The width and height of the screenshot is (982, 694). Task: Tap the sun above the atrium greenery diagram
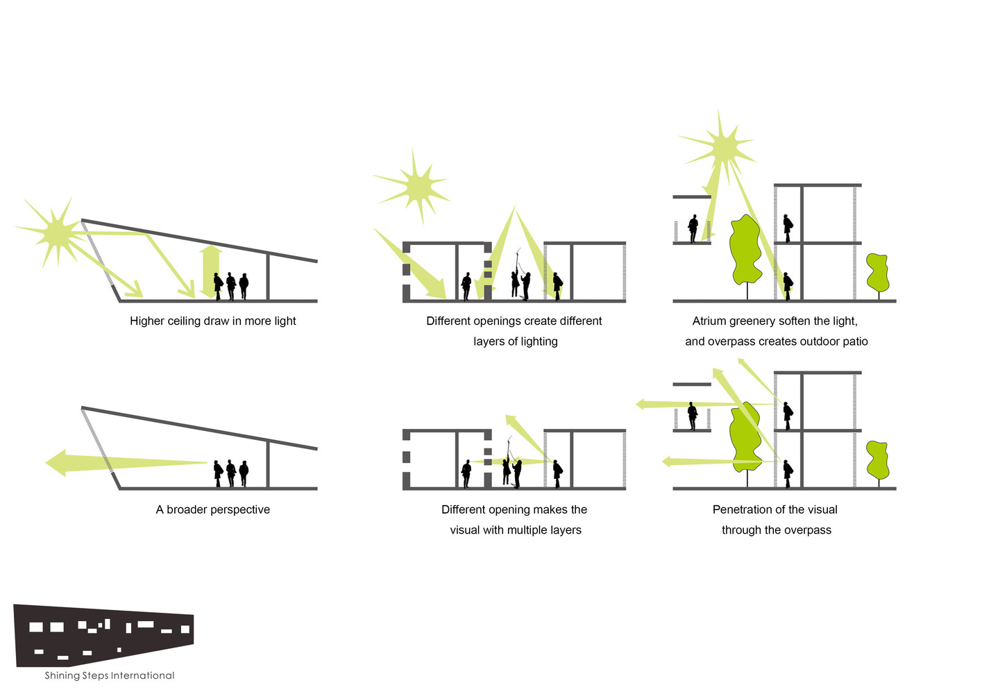tap(722, 146)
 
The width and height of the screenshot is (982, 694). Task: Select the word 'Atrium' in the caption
tap(709, 321)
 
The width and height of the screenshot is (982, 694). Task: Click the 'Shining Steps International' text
tap(110, 675)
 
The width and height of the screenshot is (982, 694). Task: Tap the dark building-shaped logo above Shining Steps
tap(104, 635)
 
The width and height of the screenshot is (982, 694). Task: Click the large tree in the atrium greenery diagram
tap(745, 251)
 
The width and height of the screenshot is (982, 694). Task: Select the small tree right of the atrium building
tap(878, 273)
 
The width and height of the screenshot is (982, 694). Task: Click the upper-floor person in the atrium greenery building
tap(787, 227)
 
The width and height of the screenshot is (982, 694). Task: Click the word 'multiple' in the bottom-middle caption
tap(526, 530)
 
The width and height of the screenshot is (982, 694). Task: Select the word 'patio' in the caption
tap(854, 341)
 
